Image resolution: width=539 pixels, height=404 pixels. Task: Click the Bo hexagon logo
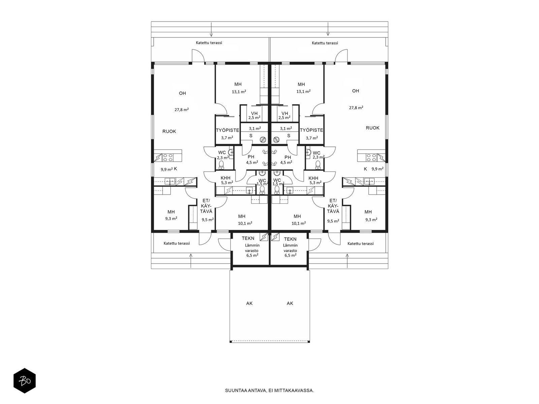click(25, 381)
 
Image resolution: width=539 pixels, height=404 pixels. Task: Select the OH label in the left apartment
click(183, 93)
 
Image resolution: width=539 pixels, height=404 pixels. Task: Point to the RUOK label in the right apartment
click(373, 128)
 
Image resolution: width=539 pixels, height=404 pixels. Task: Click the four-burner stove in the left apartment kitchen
click(168, 157)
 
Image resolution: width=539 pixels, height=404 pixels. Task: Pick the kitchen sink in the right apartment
click(369, 181)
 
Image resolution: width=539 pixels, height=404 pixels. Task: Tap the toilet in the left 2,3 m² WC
click(221, 165)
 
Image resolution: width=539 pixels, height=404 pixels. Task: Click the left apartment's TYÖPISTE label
click(227, 130)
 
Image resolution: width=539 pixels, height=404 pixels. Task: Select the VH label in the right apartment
click(285, 113)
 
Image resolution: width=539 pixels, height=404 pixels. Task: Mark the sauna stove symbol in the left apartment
click(263, 140)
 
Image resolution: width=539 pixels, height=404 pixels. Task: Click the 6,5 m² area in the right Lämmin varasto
click(290, 255)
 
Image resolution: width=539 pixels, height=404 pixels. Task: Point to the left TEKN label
click(248, 238)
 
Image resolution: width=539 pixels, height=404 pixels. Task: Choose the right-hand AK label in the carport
click(290, 303)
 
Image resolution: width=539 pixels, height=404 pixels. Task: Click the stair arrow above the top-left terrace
click(211, 29)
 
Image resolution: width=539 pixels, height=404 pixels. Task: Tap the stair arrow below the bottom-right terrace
click(347, 261)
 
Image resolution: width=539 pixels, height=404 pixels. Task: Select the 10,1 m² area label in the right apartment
click(298, 223)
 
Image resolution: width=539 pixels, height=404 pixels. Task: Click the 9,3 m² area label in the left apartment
click(171, 218)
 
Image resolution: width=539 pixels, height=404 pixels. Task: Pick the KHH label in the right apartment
click(313, 178)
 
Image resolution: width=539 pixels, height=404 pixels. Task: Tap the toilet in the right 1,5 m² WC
click(277, 190)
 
